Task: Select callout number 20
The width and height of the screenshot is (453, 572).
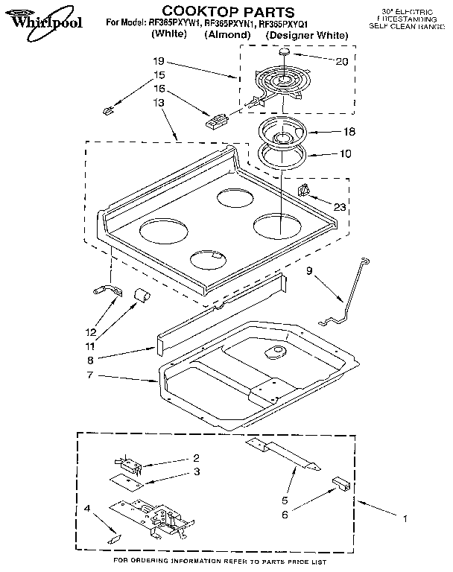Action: (x=341, y=61)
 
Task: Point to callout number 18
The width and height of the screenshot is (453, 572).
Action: (x=348, y=130)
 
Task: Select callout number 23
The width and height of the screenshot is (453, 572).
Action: (x=340, y=207)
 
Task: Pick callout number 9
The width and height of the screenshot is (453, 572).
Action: (x=309, y=273)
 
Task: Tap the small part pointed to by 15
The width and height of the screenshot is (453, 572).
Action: (x=107, y=111)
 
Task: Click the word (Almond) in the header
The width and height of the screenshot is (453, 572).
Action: (x=226, y=35)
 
